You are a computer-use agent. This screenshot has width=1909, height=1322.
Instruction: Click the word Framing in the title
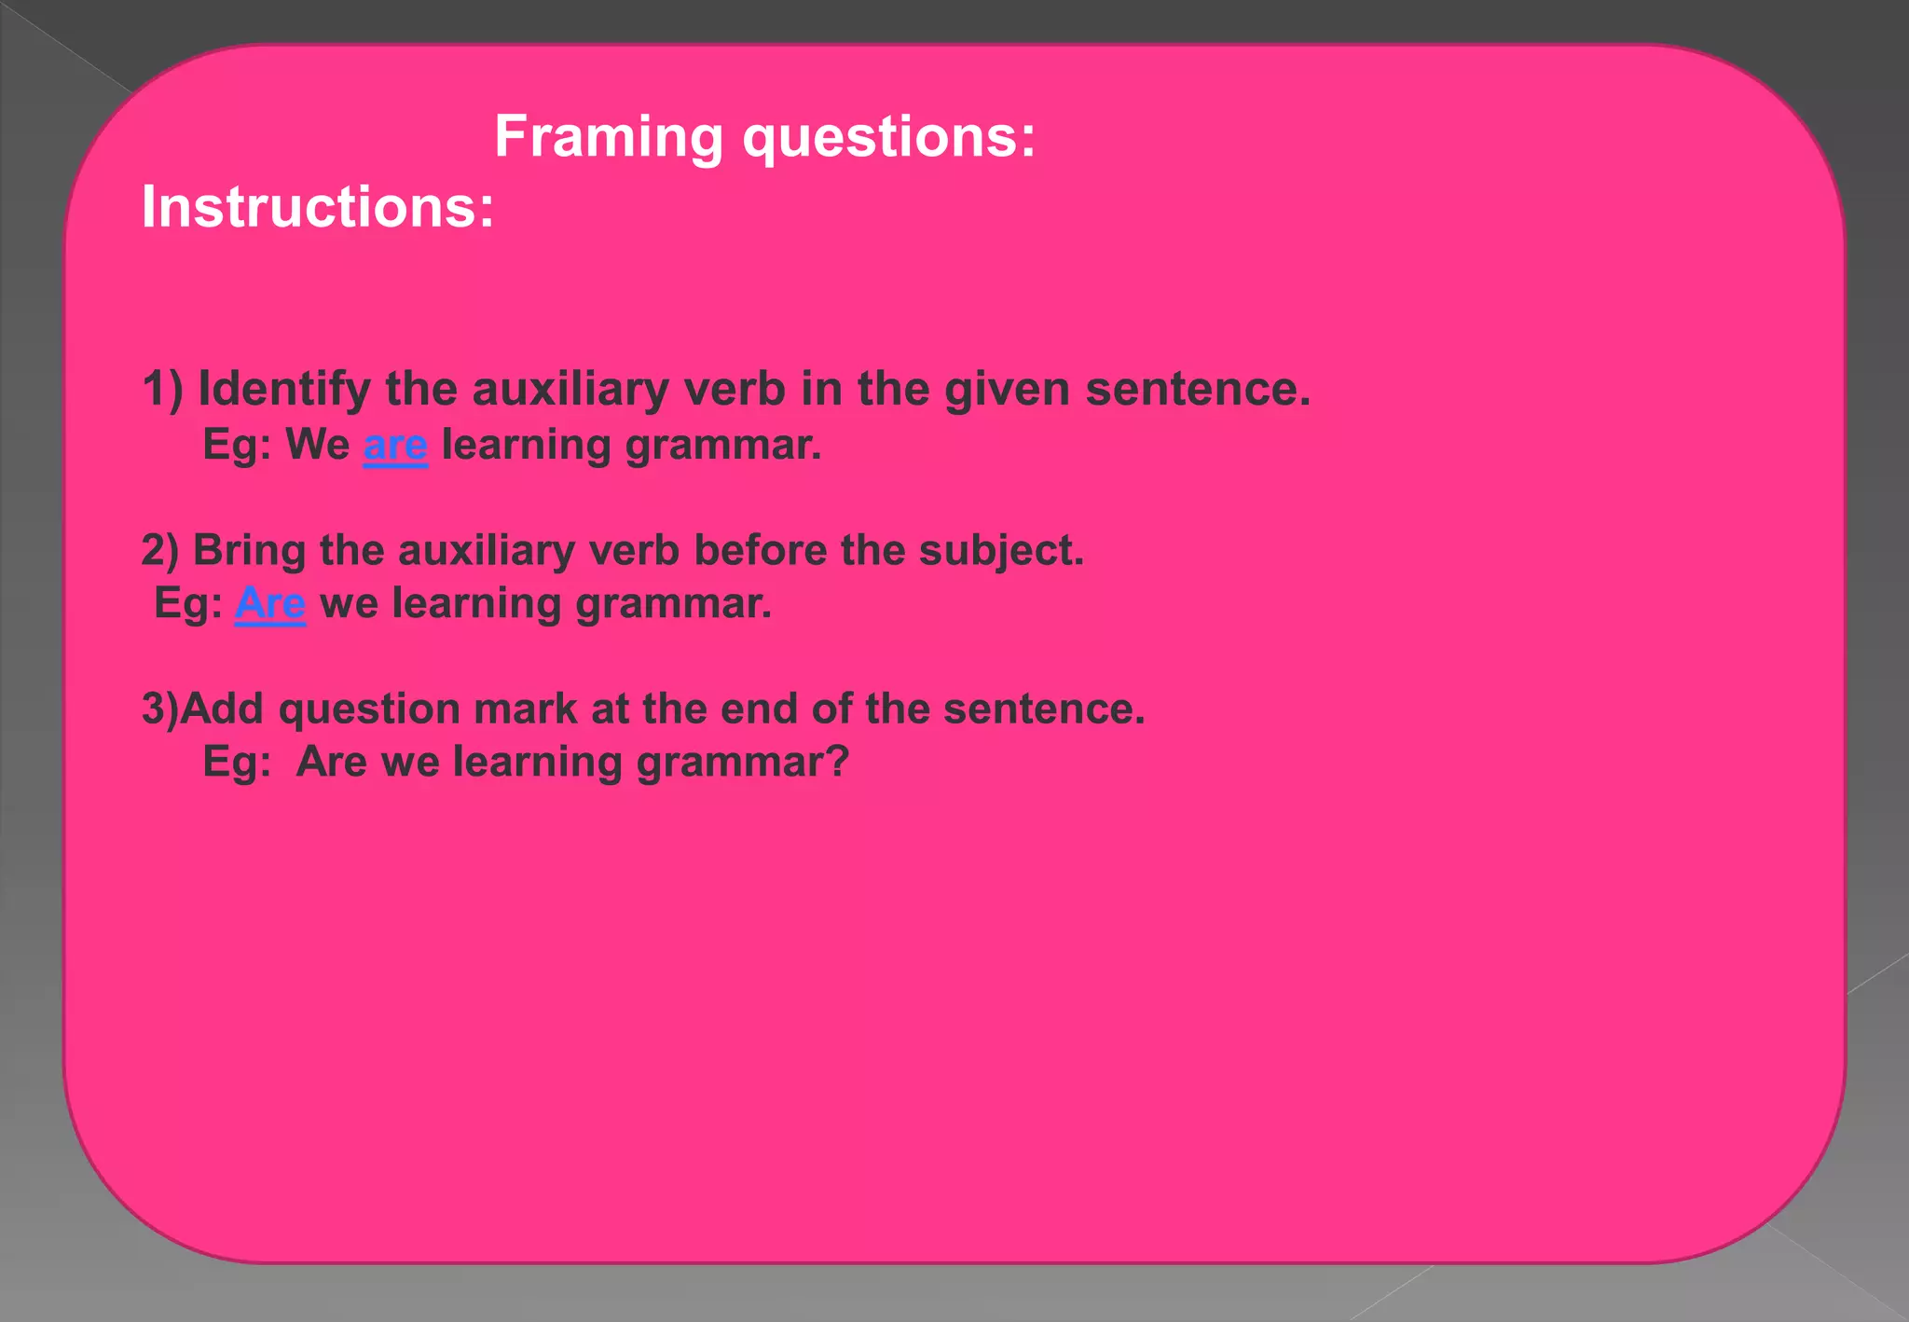point(608,137)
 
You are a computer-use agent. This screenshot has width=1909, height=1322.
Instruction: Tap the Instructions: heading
point(317,207)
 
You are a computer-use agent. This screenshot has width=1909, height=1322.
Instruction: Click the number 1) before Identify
point(162,389)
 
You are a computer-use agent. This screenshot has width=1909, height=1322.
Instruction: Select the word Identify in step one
point(283,390)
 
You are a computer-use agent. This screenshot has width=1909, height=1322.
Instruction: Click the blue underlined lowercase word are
point(395,446)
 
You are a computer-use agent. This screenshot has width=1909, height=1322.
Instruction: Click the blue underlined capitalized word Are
point(269,604)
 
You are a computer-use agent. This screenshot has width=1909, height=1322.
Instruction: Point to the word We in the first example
point(317,445)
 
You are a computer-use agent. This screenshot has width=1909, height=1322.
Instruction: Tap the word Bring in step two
point(249,550)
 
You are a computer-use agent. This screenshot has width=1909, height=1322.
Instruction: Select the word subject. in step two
point(1001,551)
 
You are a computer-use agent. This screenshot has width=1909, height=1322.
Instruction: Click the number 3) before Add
point(158,709)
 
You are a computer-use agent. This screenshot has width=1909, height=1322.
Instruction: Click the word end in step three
point(759,709)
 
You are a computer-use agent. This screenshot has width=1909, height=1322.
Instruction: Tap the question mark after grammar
point(837,762)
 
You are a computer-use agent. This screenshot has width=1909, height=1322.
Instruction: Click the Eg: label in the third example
point(237,763)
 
